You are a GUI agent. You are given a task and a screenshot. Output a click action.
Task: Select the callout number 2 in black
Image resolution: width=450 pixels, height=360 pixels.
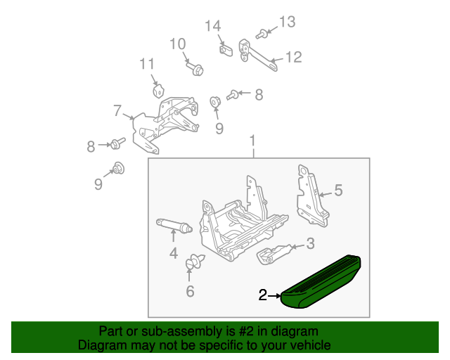tap(262, 295)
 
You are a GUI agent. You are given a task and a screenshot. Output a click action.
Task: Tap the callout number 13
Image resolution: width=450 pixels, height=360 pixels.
tap(288, 22)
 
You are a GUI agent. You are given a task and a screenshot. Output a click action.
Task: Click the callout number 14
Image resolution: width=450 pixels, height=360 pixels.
tap(212, 26)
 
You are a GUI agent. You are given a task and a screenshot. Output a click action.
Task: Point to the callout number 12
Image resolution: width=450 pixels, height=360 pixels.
tap(294, 57)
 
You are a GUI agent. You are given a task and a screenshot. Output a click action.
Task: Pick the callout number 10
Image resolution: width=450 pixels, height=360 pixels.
tap(178, 44)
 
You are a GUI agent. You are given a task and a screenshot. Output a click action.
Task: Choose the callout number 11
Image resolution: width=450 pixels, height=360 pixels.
tap(147, 64)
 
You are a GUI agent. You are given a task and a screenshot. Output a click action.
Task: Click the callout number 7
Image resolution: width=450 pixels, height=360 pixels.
tap(117, 110)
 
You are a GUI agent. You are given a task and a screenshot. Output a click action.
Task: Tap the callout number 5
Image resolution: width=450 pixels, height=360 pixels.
tap(338, 191)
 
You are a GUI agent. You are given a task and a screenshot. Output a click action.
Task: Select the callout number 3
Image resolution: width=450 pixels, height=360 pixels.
tap(311, 243)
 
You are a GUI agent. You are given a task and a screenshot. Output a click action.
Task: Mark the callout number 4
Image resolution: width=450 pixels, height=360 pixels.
tap(174, 253)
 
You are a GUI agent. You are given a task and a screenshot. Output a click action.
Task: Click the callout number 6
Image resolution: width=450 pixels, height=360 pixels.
tap(191, 291)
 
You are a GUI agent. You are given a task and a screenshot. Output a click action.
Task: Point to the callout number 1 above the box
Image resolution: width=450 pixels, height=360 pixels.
tap(252, 141)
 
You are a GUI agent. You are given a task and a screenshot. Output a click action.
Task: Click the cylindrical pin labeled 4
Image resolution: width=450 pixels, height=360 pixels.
tap(174, 226)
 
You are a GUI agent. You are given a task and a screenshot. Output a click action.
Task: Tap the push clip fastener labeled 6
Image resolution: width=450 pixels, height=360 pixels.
tap(195, 262)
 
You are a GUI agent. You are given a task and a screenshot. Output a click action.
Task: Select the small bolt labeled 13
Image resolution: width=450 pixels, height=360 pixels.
tap(261, 34)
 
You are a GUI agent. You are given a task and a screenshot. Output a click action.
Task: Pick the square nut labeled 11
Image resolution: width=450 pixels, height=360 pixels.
tap(158, 91)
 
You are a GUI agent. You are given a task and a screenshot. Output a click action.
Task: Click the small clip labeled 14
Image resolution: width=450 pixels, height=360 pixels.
tap(226, 50)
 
